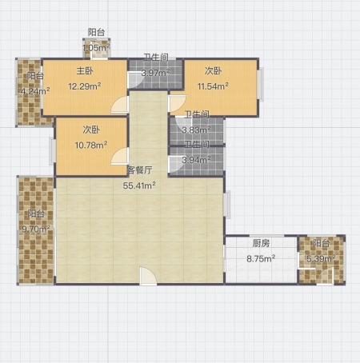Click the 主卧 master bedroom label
click(x=85, y=71)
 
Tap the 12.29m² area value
click(x=85, y=86)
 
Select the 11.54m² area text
click(x=213, y=86)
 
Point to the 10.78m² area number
click(x=91, y=145)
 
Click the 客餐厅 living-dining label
click(x=140, y=170)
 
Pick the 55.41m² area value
click(x=139, y=185)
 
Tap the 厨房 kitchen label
click(x=261, y=243)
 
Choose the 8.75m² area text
click(x=261, y=258)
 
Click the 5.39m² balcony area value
click(x=321, y=258)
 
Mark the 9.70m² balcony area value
click(x=36, y=229)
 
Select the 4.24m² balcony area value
click(x=35, y=91)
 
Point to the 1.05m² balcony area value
click(x=96, y=48)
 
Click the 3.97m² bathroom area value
click(x=155, y=73)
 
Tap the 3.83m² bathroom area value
click(x=196, y=130)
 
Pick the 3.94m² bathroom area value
click(x=196, y=160)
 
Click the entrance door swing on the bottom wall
click(x=148, y=277)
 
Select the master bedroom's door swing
click(x=120, y=105)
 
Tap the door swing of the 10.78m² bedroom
click(x=120, y=156)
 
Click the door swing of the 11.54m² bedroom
click(x=177, y=103)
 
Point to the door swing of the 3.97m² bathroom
click(x=136, y=80)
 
